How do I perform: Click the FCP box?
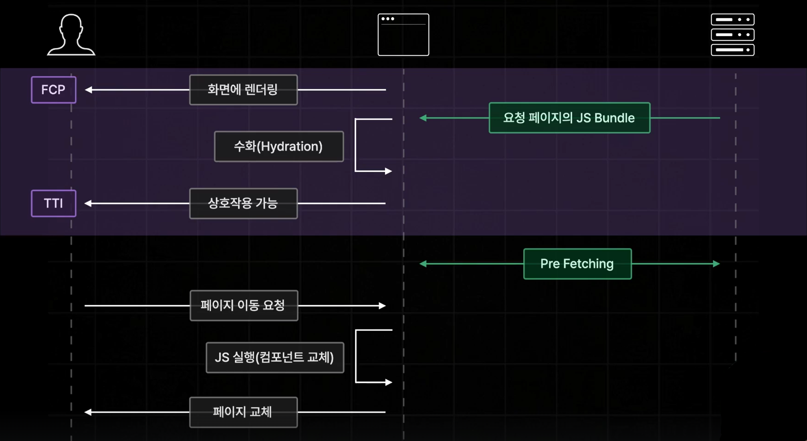pos(54,90)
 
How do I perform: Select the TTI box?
pos(54,203)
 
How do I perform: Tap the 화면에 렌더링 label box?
pos(243,90)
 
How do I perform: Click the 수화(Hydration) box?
pos(279,147)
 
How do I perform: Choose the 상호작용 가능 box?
pos(243,203)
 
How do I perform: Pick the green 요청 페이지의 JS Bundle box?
pos(569,118)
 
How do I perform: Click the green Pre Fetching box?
pos(577,264)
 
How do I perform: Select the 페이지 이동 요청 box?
pos(244,306)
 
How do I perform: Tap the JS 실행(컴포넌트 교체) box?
pos(275,357)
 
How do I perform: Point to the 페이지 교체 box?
pos(243,412)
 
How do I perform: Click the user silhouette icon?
pos(71,35)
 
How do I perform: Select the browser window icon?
pos(403,35)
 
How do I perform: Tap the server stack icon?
pos(732,35)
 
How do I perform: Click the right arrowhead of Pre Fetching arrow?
pos(716,264)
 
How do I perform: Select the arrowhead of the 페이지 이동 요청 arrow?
pos(382,306)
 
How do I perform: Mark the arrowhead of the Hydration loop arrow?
pos(388,171)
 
